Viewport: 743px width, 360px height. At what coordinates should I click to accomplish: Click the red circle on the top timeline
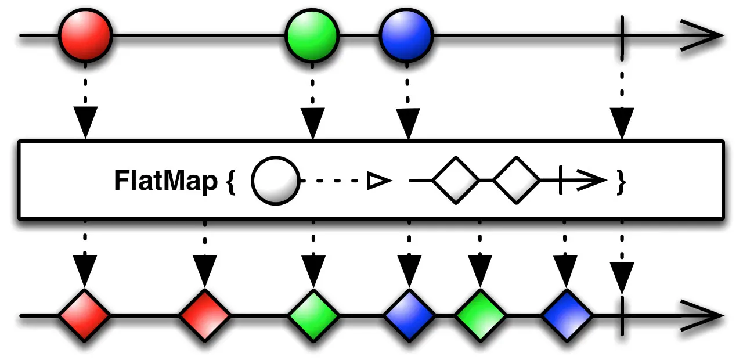85,35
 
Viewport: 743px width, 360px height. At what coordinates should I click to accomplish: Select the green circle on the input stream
312,35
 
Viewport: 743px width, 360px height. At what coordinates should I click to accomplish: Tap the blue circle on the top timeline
407,35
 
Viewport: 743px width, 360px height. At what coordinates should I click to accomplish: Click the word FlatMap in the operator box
165,181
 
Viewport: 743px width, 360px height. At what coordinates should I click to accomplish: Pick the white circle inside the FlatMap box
275,181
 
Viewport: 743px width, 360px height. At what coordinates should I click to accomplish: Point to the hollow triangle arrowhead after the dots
377,182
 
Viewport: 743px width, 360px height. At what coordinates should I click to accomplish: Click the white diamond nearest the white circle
456,181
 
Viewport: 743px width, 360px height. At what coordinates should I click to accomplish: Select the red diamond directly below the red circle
85,316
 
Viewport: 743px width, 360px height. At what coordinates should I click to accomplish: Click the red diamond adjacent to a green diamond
204,316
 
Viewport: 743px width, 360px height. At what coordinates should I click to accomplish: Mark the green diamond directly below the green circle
313,316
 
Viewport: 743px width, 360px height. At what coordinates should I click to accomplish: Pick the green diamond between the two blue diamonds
480,316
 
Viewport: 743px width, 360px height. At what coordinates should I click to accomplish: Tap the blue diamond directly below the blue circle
409,316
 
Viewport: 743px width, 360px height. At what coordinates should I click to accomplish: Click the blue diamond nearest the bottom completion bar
567,316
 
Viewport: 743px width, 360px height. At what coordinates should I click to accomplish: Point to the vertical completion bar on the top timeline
622,35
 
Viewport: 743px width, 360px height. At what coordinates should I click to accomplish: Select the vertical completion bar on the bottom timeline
622,316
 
